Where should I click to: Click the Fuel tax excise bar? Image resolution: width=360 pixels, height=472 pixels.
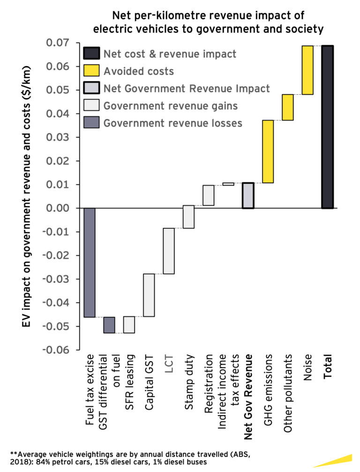pyautogui.click(x=89, y=262)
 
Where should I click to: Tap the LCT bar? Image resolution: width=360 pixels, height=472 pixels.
pyautogui.click(x=169, y=251)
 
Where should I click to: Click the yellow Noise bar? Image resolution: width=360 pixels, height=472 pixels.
pyautogui.click(x=307, y=70)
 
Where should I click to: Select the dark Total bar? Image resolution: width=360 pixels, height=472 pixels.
pyautogui.click(x=327, y=127)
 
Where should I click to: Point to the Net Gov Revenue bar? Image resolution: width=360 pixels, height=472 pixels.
pyautogui.click(x=248, y=195)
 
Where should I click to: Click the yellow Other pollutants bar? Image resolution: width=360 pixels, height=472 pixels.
pyautogui.click(x=287, y=107)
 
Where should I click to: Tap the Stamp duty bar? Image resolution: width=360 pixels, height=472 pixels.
pyautogui.click(x=188, y=217)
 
